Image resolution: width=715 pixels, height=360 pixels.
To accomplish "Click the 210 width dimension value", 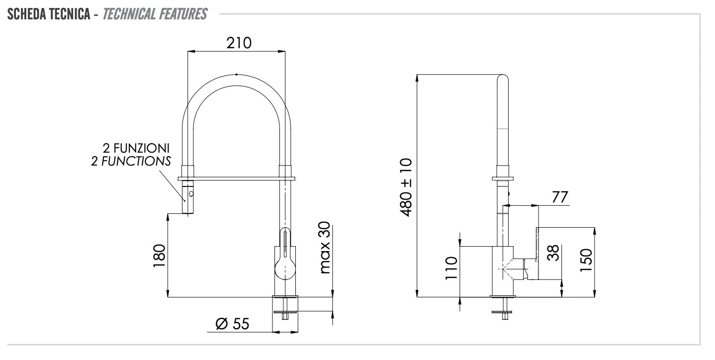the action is click(239, 43).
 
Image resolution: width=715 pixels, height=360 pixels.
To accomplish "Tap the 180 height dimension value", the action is click(159, 256).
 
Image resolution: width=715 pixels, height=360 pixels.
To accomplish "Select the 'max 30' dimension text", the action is click(325, 247).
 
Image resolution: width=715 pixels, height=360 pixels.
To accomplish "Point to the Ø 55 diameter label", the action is click(232, 324).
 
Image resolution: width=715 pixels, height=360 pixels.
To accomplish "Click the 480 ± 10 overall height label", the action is click(406, 187).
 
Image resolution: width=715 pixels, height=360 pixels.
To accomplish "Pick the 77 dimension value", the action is click(560, 197).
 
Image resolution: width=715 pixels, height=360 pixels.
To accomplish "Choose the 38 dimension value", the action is click(553, 253).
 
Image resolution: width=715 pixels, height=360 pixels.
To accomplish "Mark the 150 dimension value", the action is click(586, 260).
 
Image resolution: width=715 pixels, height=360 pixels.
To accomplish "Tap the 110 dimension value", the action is click(451, 268).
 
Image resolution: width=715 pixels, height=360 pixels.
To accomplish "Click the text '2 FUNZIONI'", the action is click(136, 148).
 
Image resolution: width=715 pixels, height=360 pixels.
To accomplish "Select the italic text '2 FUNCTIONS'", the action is click(131, 161).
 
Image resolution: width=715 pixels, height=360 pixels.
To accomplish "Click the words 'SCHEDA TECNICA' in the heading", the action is click(49, 14).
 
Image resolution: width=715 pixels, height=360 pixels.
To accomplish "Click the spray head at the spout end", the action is click(187, 197).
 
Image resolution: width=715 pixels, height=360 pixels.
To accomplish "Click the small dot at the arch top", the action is click(236, 75).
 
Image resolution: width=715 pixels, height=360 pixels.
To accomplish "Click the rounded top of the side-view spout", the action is click(503, 77).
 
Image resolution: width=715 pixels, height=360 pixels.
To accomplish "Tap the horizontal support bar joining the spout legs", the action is click(237, 179).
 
